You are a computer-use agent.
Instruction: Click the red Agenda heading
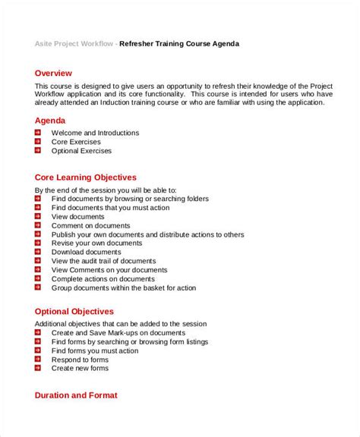pyautogui.click(x=50, y=120)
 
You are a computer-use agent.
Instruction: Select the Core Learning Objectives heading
pyautogui.click(x=85, y=177)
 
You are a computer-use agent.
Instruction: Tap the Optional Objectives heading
pyautogui.click(x=74, y=311)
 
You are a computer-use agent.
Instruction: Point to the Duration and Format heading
pyautogui.click(x=76, y=395)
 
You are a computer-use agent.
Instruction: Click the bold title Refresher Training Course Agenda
pyautogui.click(x=180, y=44)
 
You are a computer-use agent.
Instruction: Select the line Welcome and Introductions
pyautogui.click(x=95, y=133)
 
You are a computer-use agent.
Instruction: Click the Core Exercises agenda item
pyautogui.click(x=76, y=142)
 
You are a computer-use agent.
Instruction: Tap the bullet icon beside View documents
pyautogui.click(x=38, y=216)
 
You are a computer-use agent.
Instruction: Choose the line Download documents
pyautogui.click(x=86, y=252)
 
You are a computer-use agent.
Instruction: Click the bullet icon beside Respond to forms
pyautogui.click(x=38, y=360)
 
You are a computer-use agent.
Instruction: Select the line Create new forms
pyautogui.click(x=80, y=369)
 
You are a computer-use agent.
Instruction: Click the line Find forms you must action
pyautogui.click(x=95, y=351)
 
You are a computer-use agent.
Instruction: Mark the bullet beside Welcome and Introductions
pyautogui.click(x=38, y=133)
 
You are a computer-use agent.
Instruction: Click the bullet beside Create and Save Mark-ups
pyautogui.click(x=38, y=332)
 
